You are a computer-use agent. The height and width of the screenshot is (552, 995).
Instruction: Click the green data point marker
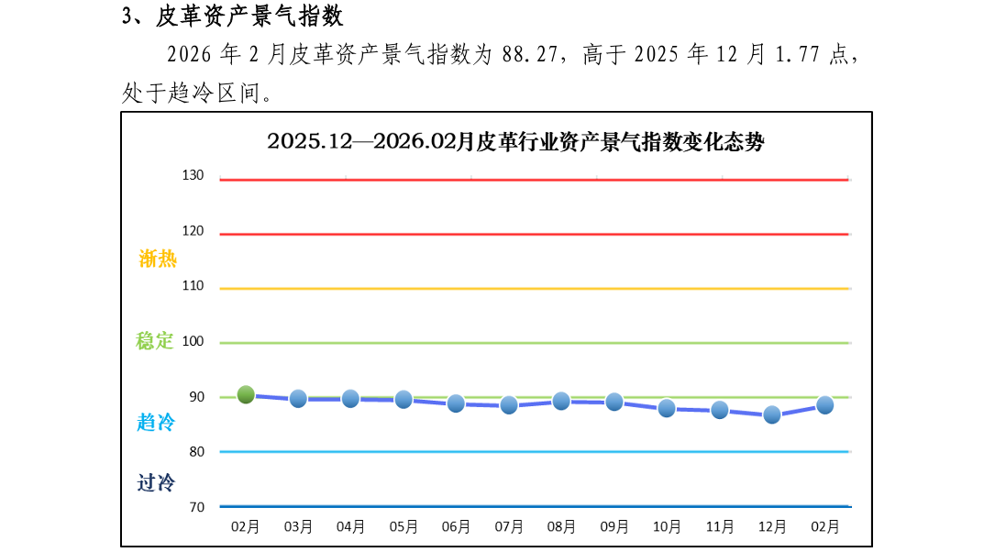[x=246, y=394]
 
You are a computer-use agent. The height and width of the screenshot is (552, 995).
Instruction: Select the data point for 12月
[x=771, y=415]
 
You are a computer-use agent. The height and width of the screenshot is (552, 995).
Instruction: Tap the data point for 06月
[x=456, y=403]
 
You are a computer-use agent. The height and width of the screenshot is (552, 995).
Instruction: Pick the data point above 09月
[x=614, y=402]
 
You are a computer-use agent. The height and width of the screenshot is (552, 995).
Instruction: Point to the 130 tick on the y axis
[x=193, y=175]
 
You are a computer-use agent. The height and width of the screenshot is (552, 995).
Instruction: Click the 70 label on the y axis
[x=197, y=507]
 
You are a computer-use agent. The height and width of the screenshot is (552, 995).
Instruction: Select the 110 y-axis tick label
[x=193, y=285]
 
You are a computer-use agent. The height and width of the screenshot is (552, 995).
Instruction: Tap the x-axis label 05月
[x=404, y=526]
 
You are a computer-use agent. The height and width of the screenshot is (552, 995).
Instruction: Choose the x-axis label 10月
[x=667, y=526]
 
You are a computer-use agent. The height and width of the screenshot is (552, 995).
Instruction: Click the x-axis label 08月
[x=561, y=526]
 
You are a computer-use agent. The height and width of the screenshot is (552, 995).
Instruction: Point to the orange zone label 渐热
[x=158, y=259]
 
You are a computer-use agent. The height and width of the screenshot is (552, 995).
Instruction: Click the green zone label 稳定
[x=154, y=341]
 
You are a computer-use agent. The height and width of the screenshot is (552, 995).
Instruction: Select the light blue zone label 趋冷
[x=156, y=422]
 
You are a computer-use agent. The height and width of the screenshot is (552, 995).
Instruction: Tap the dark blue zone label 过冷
[x=156, y=483]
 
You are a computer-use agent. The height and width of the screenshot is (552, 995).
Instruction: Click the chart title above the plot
[x=515, y=141]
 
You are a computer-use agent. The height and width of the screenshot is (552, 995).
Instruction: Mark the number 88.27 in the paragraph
[x=529, y=55]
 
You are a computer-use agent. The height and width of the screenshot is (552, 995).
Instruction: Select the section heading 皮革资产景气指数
[x=249, y=16]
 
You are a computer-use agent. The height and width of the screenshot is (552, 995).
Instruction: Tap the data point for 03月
[x=298, y=399]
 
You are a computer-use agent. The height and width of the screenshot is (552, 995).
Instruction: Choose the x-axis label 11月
[x=720, y=526]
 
